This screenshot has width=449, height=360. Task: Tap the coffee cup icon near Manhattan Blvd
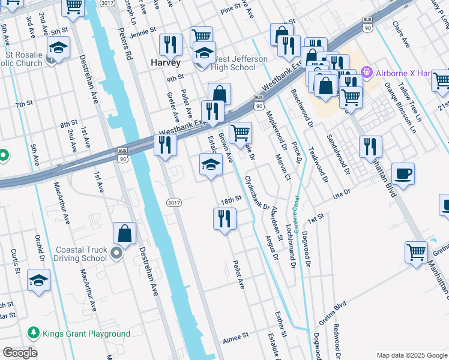403,174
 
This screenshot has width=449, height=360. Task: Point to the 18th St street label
231,199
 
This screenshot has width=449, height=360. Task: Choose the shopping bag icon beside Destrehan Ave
125,233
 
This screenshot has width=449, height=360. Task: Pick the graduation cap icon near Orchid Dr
38,280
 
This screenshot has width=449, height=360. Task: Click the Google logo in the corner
19,353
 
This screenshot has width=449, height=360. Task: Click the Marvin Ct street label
284,166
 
